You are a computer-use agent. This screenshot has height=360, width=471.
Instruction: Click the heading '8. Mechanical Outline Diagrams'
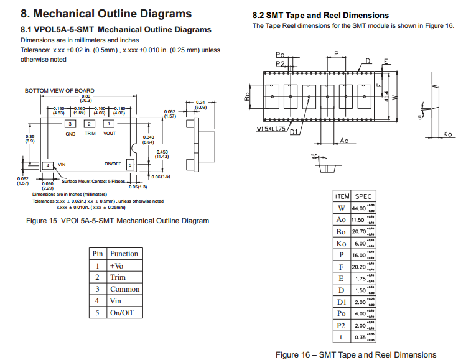coord(106,14)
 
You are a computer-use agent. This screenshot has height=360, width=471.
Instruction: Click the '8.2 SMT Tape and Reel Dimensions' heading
coord(320,15)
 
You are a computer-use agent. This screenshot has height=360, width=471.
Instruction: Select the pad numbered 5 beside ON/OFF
coord(129,164)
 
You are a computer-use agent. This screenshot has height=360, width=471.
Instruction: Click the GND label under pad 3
coord(70,134)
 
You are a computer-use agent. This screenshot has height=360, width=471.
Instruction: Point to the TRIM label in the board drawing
coord(90,134)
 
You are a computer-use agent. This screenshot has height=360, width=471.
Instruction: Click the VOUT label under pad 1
coord(110,134)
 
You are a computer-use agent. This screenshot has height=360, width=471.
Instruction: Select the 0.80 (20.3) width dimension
coord(85,98)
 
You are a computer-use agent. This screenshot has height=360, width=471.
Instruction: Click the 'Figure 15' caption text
coord(117,221)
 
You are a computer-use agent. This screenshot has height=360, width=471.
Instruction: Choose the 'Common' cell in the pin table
coord(124,289)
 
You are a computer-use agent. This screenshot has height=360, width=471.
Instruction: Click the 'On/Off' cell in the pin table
coord(121,312)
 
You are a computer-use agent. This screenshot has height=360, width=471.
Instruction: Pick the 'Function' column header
coord(124,254)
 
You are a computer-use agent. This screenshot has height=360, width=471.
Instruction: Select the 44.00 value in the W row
coord(359,208)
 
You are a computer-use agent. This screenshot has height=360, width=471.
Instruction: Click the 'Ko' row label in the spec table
coord(341,243)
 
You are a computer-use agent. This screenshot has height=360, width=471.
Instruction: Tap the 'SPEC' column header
coord(363,196)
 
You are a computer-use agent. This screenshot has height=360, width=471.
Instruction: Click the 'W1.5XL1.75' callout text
coord(271,129)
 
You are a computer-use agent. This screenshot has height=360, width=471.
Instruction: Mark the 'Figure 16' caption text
coord(356,354)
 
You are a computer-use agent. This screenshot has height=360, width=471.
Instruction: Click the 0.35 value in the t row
coord(359,337)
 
